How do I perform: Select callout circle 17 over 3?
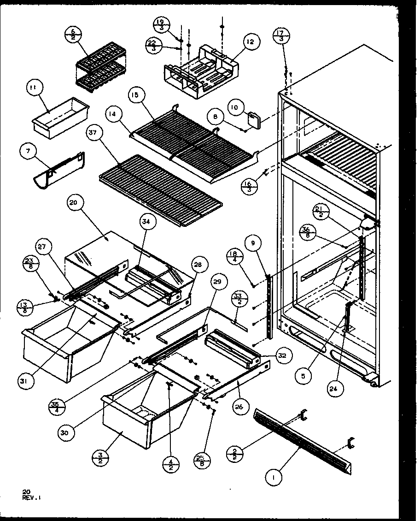(x=282, y=36)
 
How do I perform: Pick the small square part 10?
(x=254, y=119)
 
